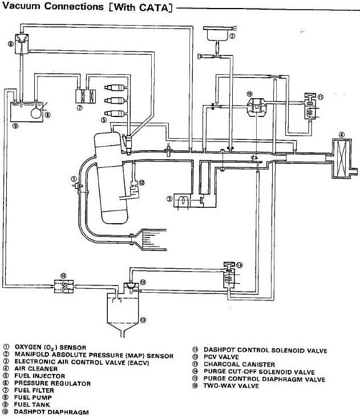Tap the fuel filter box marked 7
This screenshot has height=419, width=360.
click(x=83, y=95)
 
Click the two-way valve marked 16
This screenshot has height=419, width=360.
click(x=63, y=285)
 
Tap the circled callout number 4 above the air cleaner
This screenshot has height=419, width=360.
click(x=341, y=135)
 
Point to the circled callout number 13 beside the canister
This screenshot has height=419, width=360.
click(x=143, y=319)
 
